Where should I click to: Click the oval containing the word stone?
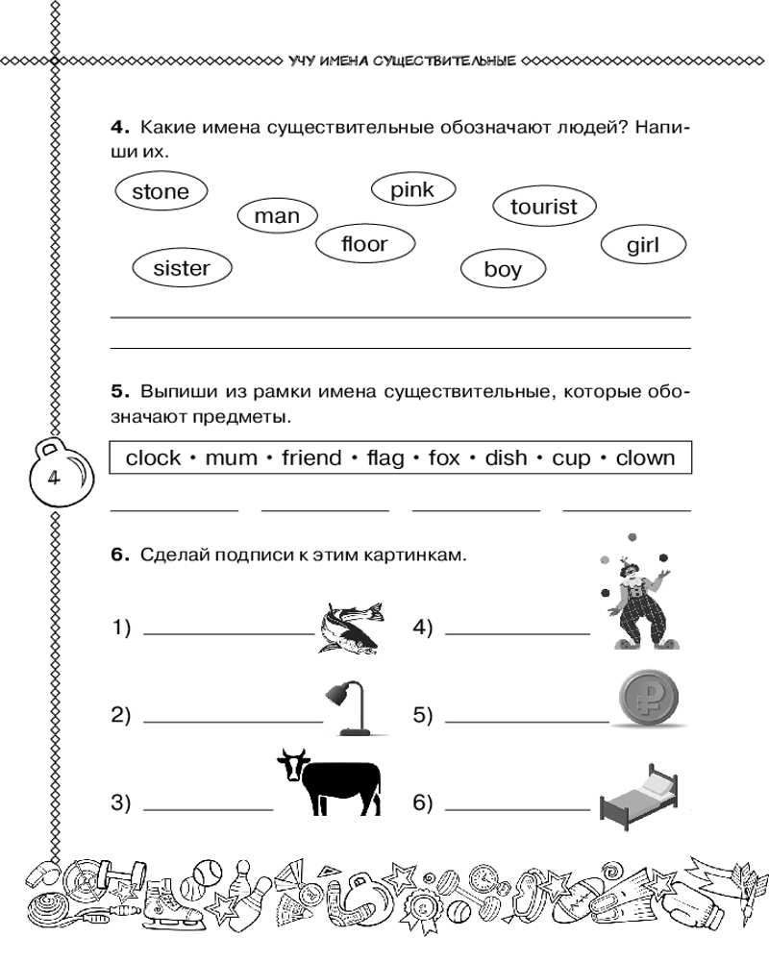coord(161,191)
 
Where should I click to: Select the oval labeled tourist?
coord(544,207)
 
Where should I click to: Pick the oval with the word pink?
coord(412,190)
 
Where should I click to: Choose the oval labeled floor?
coord(364,244)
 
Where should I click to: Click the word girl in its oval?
coord(642,245)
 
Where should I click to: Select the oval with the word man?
coord(277,216)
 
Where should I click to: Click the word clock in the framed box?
coord(154,457)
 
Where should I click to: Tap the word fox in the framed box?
coord(444,457)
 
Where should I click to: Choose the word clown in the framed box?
coord(645,457)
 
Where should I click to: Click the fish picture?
coord(351,627)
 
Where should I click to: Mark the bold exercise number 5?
coord(118,391)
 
